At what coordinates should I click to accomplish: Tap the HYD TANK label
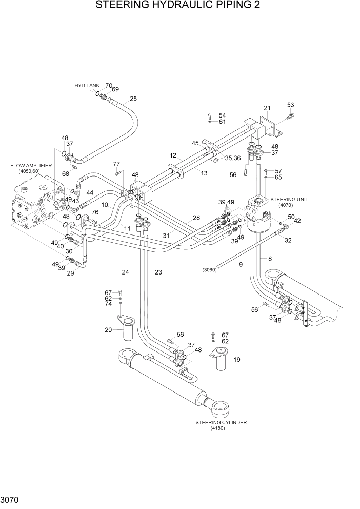87,86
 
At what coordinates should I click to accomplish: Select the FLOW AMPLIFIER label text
31,166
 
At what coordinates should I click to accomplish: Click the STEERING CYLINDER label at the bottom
221,422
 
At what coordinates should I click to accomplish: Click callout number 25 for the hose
133,99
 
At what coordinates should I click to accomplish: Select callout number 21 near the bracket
267,108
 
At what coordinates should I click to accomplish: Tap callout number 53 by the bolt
290,105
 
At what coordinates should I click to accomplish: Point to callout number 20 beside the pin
108,330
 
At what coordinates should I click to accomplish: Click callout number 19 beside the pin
237,360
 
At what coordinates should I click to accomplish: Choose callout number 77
116,164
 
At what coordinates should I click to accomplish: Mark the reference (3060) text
210,270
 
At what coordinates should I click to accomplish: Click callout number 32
288,240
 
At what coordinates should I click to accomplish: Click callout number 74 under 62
108,304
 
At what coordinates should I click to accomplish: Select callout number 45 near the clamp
195,143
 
